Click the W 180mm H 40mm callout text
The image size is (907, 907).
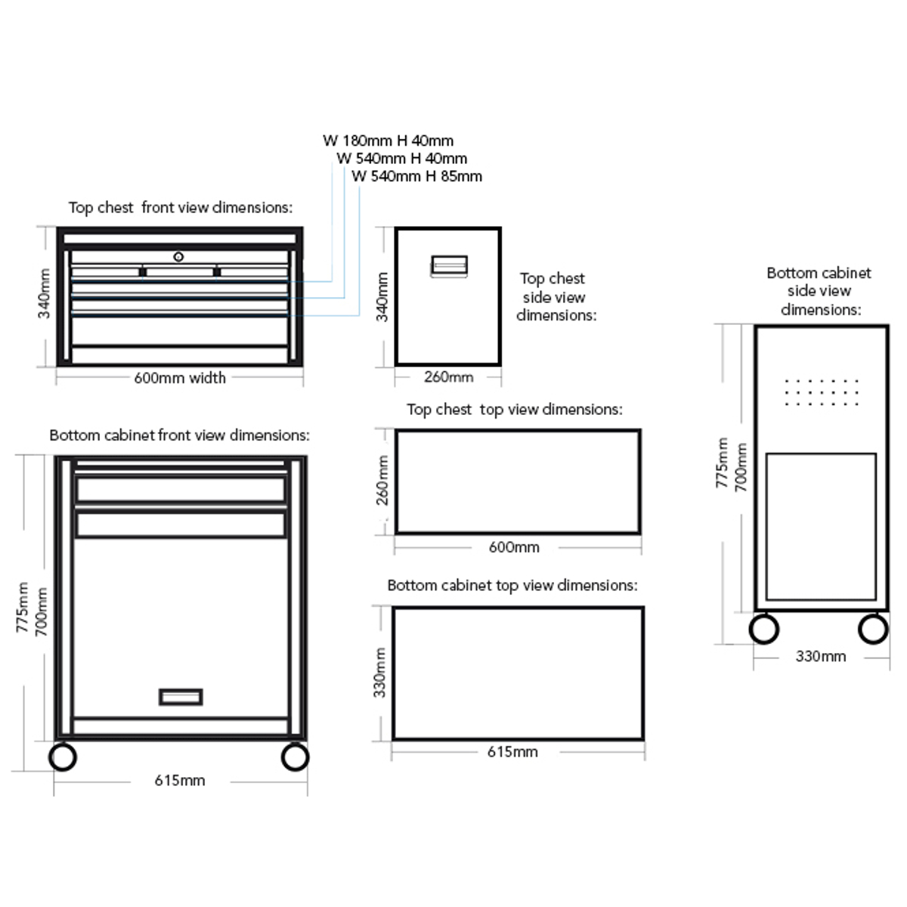click(388, 141)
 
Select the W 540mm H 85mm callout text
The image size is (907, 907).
click(416, 177)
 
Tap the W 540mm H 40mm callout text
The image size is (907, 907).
click(402, 159)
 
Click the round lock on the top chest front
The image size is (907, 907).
click(178, 256)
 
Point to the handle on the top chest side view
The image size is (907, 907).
click(449, 266)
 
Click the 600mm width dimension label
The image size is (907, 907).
click(180, 378)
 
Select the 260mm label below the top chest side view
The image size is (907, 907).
click(448, 377)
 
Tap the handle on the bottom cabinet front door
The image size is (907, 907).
click(181, 697)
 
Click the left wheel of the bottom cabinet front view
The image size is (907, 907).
click(63, 757)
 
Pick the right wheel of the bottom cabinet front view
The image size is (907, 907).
click(295, 757)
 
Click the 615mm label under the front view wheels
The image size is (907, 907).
click(180, 781)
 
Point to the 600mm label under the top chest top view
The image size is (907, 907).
click(514, 547)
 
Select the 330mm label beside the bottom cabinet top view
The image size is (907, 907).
click(379, 673)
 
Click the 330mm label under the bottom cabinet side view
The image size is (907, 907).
click(821, 657)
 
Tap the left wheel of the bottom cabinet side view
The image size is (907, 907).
click(764, 630)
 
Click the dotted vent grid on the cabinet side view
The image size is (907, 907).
click(822, 392)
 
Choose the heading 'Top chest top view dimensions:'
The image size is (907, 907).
click(515, 410)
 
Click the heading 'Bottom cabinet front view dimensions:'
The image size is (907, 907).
click(180, 436)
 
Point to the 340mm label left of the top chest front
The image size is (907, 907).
click(44, 293)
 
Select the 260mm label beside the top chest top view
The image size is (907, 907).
click(382, 480)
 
